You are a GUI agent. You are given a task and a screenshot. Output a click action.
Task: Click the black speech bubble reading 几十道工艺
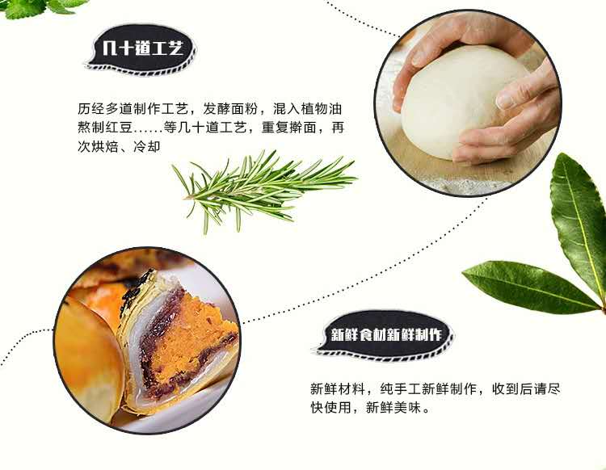141,49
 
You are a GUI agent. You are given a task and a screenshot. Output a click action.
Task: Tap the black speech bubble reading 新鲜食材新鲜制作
385,335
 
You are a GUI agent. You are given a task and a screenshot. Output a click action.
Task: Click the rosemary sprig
263,187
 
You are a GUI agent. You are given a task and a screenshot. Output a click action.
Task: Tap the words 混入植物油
307,109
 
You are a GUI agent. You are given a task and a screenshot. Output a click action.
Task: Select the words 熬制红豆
105,128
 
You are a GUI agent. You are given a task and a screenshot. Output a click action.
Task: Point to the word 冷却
147,146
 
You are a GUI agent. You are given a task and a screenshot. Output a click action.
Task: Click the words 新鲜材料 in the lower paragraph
339,388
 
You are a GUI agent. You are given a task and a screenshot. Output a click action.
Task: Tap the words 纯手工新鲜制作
428,388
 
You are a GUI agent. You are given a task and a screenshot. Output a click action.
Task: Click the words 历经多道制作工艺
133,109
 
